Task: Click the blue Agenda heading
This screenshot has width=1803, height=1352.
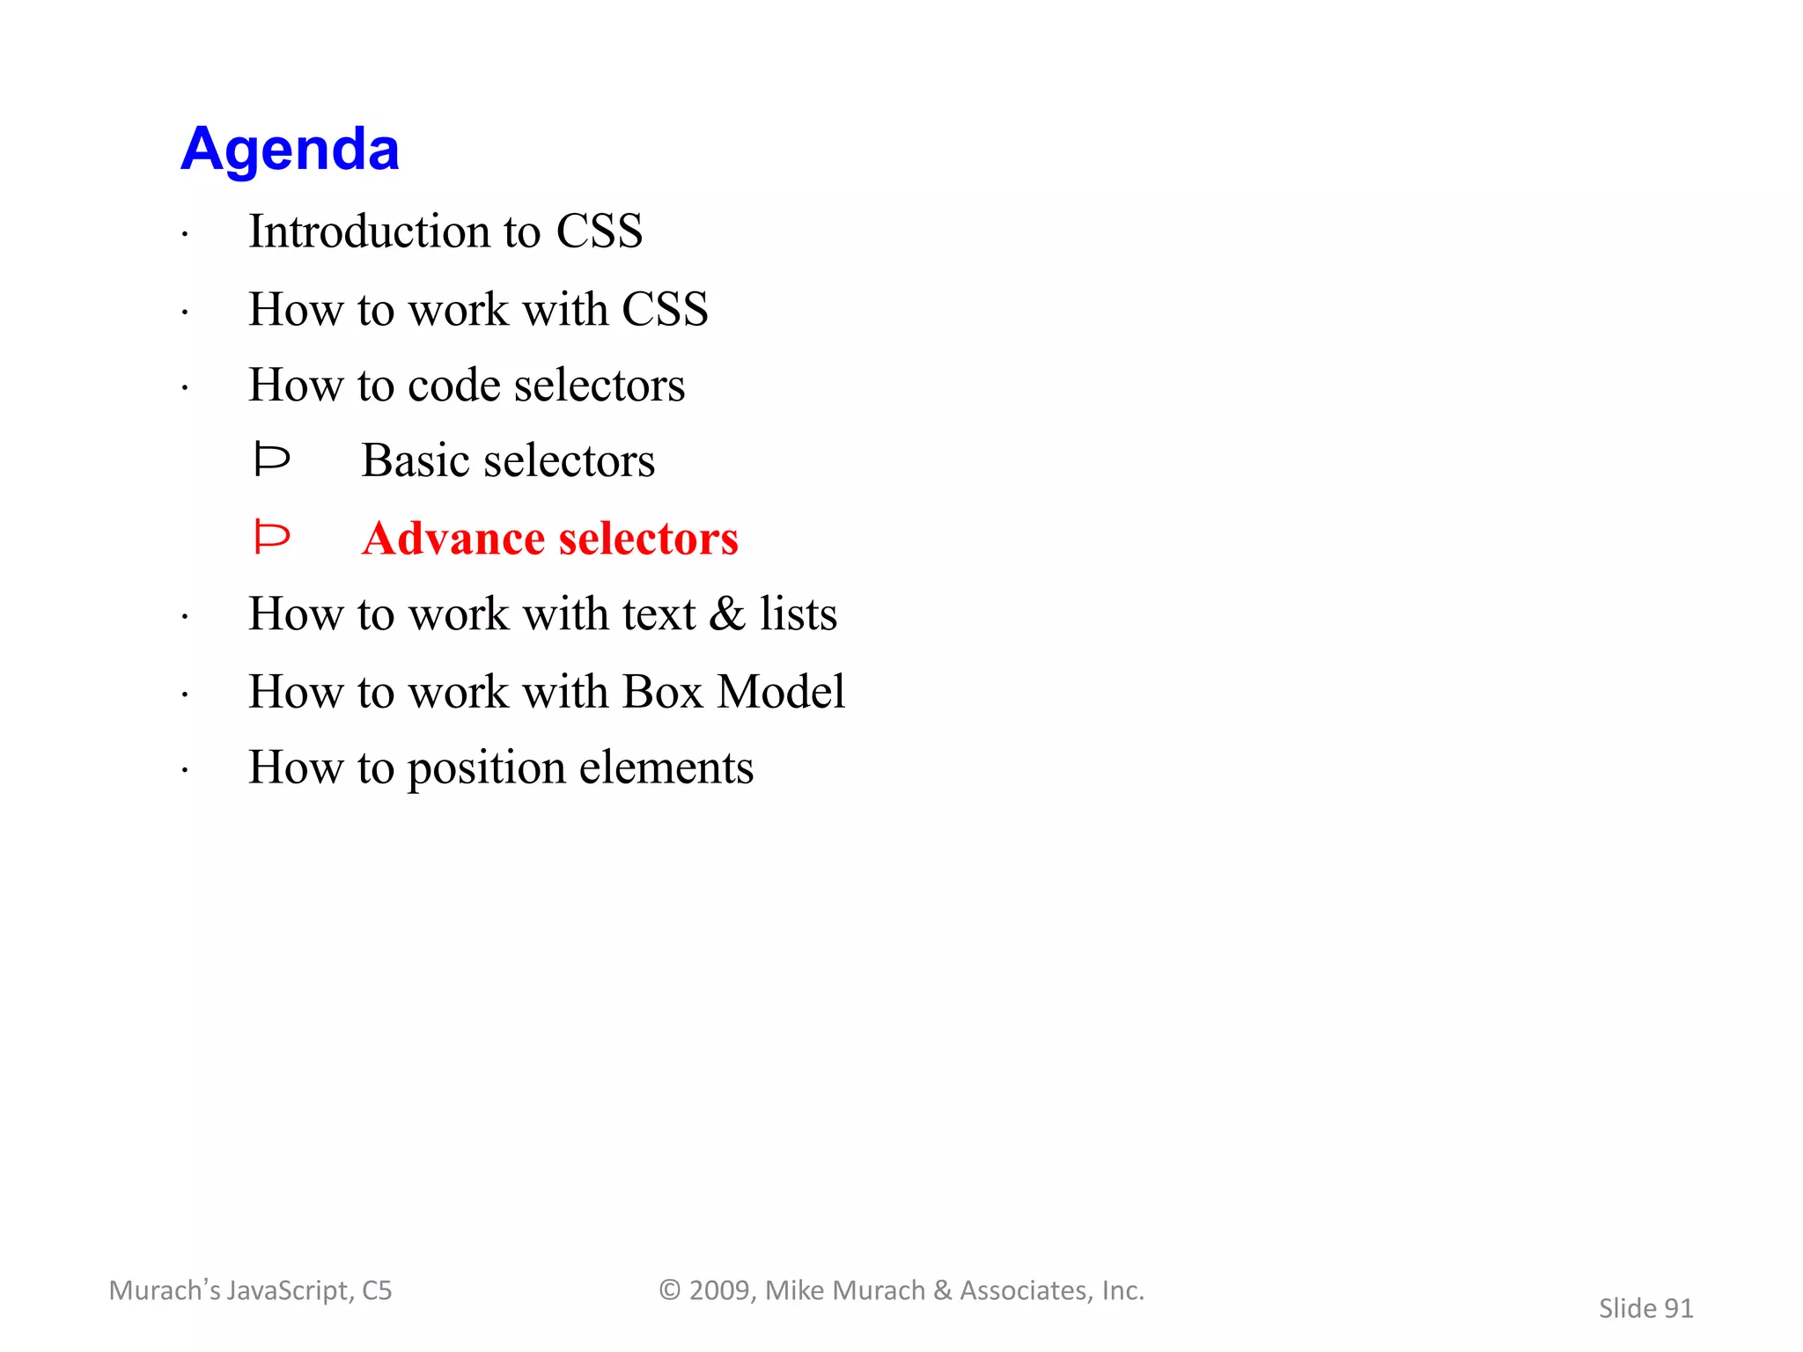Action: (x=290, y=149)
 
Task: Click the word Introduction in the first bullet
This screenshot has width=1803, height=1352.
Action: (x=369, y=231)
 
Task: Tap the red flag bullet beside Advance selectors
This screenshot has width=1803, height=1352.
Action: (x=271, y=537)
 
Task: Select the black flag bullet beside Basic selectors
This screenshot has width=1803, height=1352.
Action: (x=271, y=459)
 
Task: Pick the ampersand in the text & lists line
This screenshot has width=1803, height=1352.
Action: (x=727, y=614)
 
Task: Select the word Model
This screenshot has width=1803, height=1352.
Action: (x=781, y=692)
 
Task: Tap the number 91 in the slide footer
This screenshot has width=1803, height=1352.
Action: (x=1678, y=1309)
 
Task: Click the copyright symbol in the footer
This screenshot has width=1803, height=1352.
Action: (x=670, y=1290)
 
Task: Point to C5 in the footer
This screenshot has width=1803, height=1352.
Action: (x=377, y=1290)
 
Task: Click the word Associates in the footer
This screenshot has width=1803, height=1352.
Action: (x=1023, y=1290)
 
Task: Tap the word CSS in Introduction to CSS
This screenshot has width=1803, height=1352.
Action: (x=599, y=231)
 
